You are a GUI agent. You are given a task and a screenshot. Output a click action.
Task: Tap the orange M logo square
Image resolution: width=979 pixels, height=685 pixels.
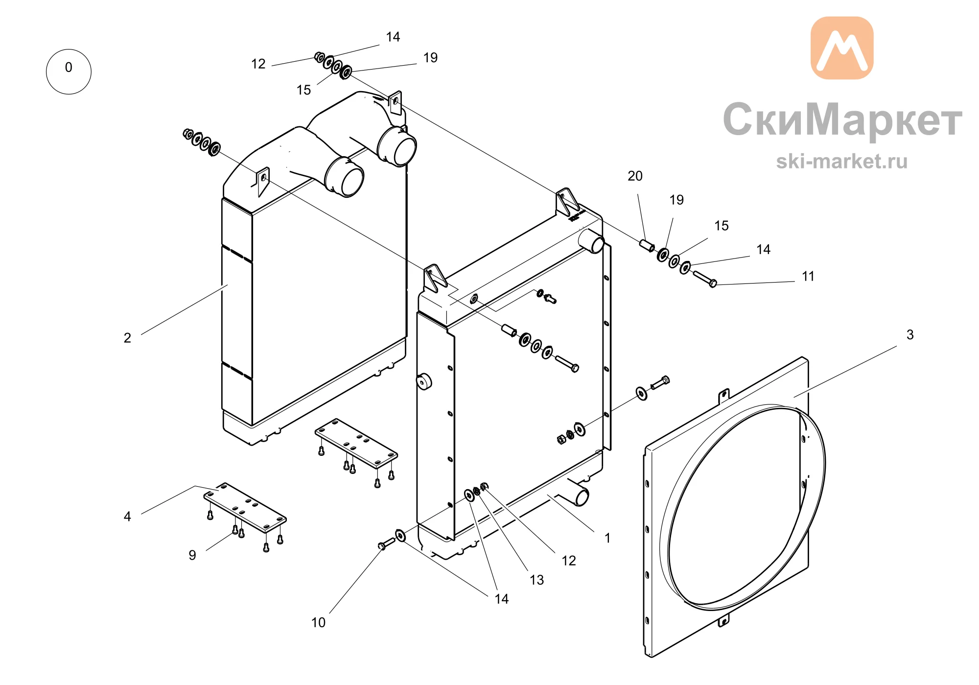pos(842,48)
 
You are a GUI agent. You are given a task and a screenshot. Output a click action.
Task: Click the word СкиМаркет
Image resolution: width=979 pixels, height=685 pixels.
pos(842,119)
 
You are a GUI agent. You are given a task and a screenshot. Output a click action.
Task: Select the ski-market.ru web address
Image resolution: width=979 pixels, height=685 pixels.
pos(841,161)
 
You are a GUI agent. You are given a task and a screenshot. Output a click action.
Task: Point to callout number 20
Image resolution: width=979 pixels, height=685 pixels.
pos(635,176)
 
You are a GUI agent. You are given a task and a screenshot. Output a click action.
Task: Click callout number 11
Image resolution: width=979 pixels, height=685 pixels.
pos(808,276)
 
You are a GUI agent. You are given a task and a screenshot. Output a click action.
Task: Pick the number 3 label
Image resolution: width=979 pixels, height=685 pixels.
pos(910,334)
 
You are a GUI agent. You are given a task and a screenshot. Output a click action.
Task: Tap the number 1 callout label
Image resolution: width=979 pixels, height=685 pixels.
pos(607,538)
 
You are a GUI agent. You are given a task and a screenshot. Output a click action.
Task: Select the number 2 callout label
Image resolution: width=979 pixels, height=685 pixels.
pos(127,338)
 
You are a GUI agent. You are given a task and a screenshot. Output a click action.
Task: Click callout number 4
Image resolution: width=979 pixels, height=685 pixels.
pos(127,516)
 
